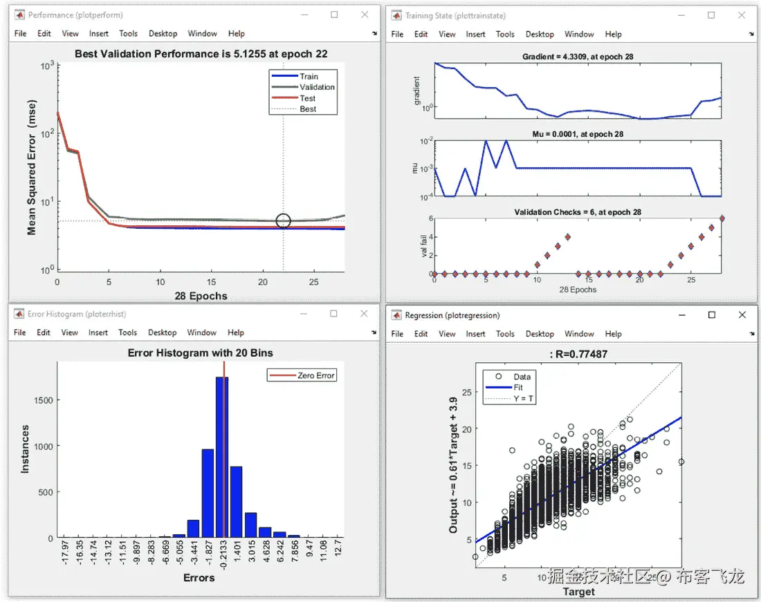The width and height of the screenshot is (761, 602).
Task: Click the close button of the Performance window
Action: click(x=365, y=15)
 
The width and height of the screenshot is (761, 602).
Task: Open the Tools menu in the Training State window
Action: click(x=505, y=34)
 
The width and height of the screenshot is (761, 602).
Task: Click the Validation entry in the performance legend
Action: click(x=317, y=87)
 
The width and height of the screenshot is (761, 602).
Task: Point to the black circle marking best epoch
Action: click(x=283, y=221)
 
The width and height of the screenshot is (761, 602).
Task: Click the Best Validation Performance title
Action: click(x=201, y=53)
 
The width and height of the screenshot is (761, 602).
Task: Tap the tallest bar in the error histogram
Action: click(x=222, y=457)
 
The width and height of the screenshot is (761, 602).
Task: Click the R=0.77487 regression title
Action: click(x=578, y=354)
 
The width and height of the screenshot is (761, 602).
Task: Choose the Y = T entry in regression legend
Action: click(x=522, y=399)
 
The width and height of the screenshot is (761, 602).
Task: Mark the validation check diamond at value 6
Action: click(x=722, y=218)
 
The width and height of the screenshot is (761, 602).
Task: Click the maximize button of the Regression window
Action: click(x=711, y=315)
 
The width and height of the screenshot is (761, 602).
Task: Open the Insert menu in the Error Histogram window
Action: click(x=98, y=332)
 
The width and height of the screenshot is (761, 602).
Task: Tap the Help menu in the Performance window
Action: click(x=237, y=33)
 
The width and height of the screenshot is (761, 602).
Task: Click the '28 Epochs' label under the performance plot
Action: click(x=201, y=296)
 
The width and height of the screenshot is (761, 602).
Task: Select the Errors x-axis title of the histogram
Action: click(x=199, y=577)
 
